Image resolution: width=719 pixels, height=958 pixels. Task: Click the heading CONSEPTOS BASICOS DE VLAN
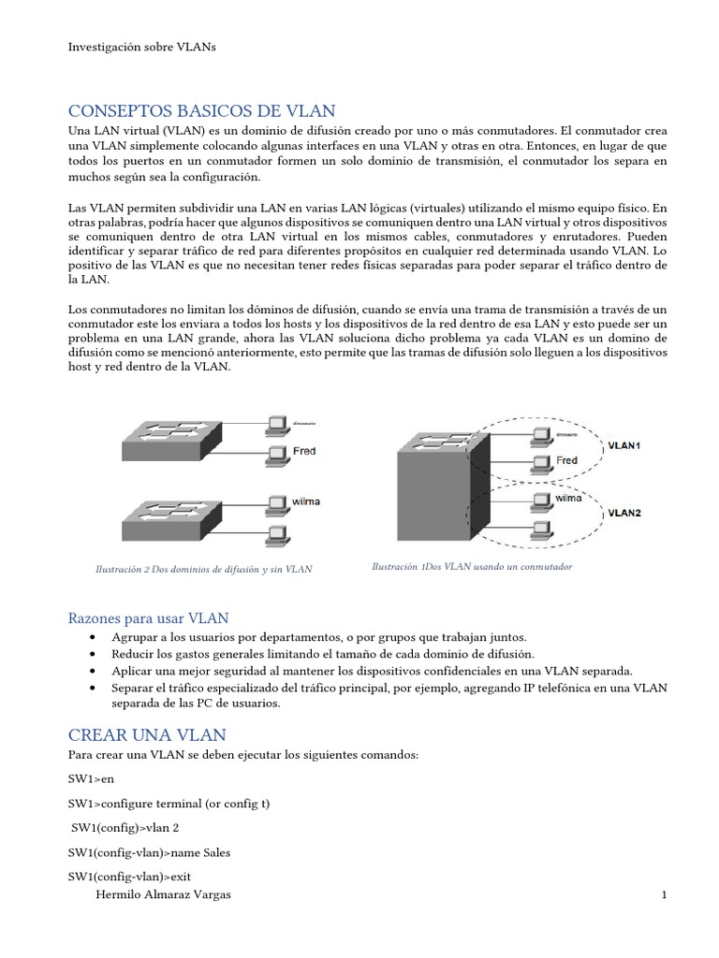(202, 111)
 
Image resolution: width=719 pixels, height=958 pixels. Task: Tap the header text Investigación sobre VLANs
(142, 47)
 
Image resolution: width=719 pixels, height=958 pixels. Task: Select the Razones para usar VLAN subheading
(149, 618)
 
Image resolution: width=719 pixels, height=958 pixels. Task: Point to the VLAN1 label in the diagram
(624, 446)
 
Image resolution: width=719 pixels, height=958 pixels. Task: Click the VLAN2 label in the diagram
(624, 513)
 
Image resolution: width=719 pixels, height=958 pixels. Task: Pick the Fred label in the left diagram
(304, 451)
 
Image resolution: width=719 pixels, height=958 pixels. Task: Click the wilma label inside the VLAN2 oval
(567, 499)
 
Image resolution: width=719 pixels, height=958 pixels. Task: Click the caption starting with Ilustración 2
(204, 569)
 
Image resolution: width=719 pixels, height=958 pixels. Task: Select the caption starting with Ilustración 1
(471, 567)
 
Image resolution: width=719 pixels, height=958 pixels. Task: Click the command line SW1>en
(92, 778)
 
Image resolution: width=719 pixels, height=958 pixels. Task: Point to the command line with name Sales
(149, 852)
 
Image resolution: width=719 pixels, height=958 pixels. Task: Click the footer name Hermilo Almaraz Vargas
(164, 895)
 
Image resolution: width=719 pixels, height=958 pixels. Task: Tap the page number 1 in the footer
(664, 895)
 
